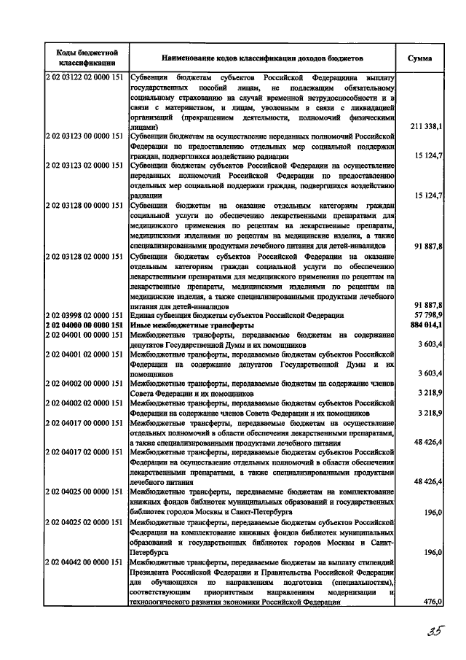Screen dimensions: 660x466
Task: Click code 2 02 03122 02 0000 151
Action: pos(84,77)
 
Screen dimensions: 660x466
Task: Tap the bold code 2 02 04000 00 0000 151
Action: pos(84,324)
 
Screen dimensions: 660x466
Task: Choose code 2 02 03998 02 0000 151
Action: pos(84,314)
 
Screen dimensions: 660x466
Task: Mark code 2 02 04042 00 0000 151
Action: pos(84,562)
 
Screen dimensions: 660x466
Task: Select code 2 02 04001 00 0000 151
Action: pos(84,334)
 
